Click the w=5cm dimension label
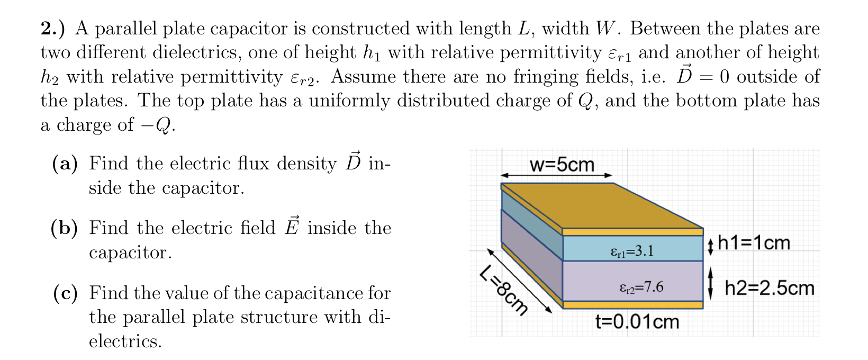coord(562,165)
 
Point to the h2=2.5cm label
coord(769,288)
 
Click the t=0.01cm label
coord(637,321)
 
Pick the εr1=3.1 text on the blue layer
coord(632,250)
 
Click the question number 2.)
coord(53,28)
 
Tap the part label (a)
coord(65,164)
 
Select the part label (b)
coord(65,228)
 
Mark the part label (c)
coord(65,293)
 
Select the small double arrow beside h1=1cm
coord(711,247)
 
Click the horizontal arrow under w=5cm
coord(556,175)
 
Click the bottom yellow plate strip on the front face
coord(632,305)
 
